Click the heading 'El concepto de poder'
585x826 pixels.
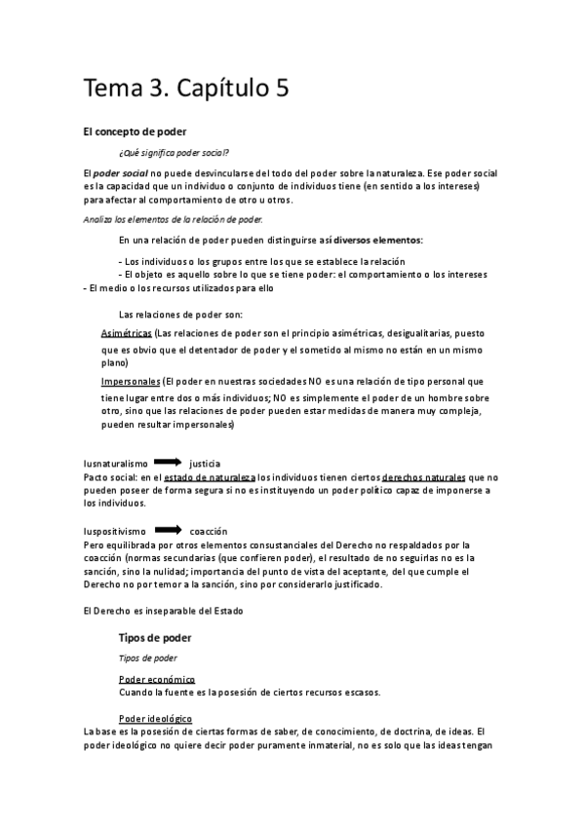click(135, 131)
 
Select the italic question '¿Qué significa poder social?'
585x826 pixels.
click(174, 151)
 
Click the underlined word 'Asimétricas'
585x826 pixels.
click(126, 332)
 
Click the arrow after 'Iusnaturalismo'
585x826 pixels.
click(168, 462)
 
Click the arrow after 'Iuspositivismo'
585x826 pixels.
click(168, 531)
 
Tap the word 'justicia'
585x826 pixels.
click(205, 463)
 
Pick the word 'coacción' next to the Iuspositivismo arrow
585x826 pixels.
click(209, 532)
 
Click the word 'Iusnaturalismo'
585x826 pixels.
click(116, 463)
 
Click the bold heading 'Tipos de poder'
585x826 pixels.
click(154, 638)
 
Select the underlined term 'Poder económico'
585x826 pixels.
click(156, 678)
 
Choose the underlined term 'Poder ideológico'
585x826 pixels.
click(156, 719)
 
